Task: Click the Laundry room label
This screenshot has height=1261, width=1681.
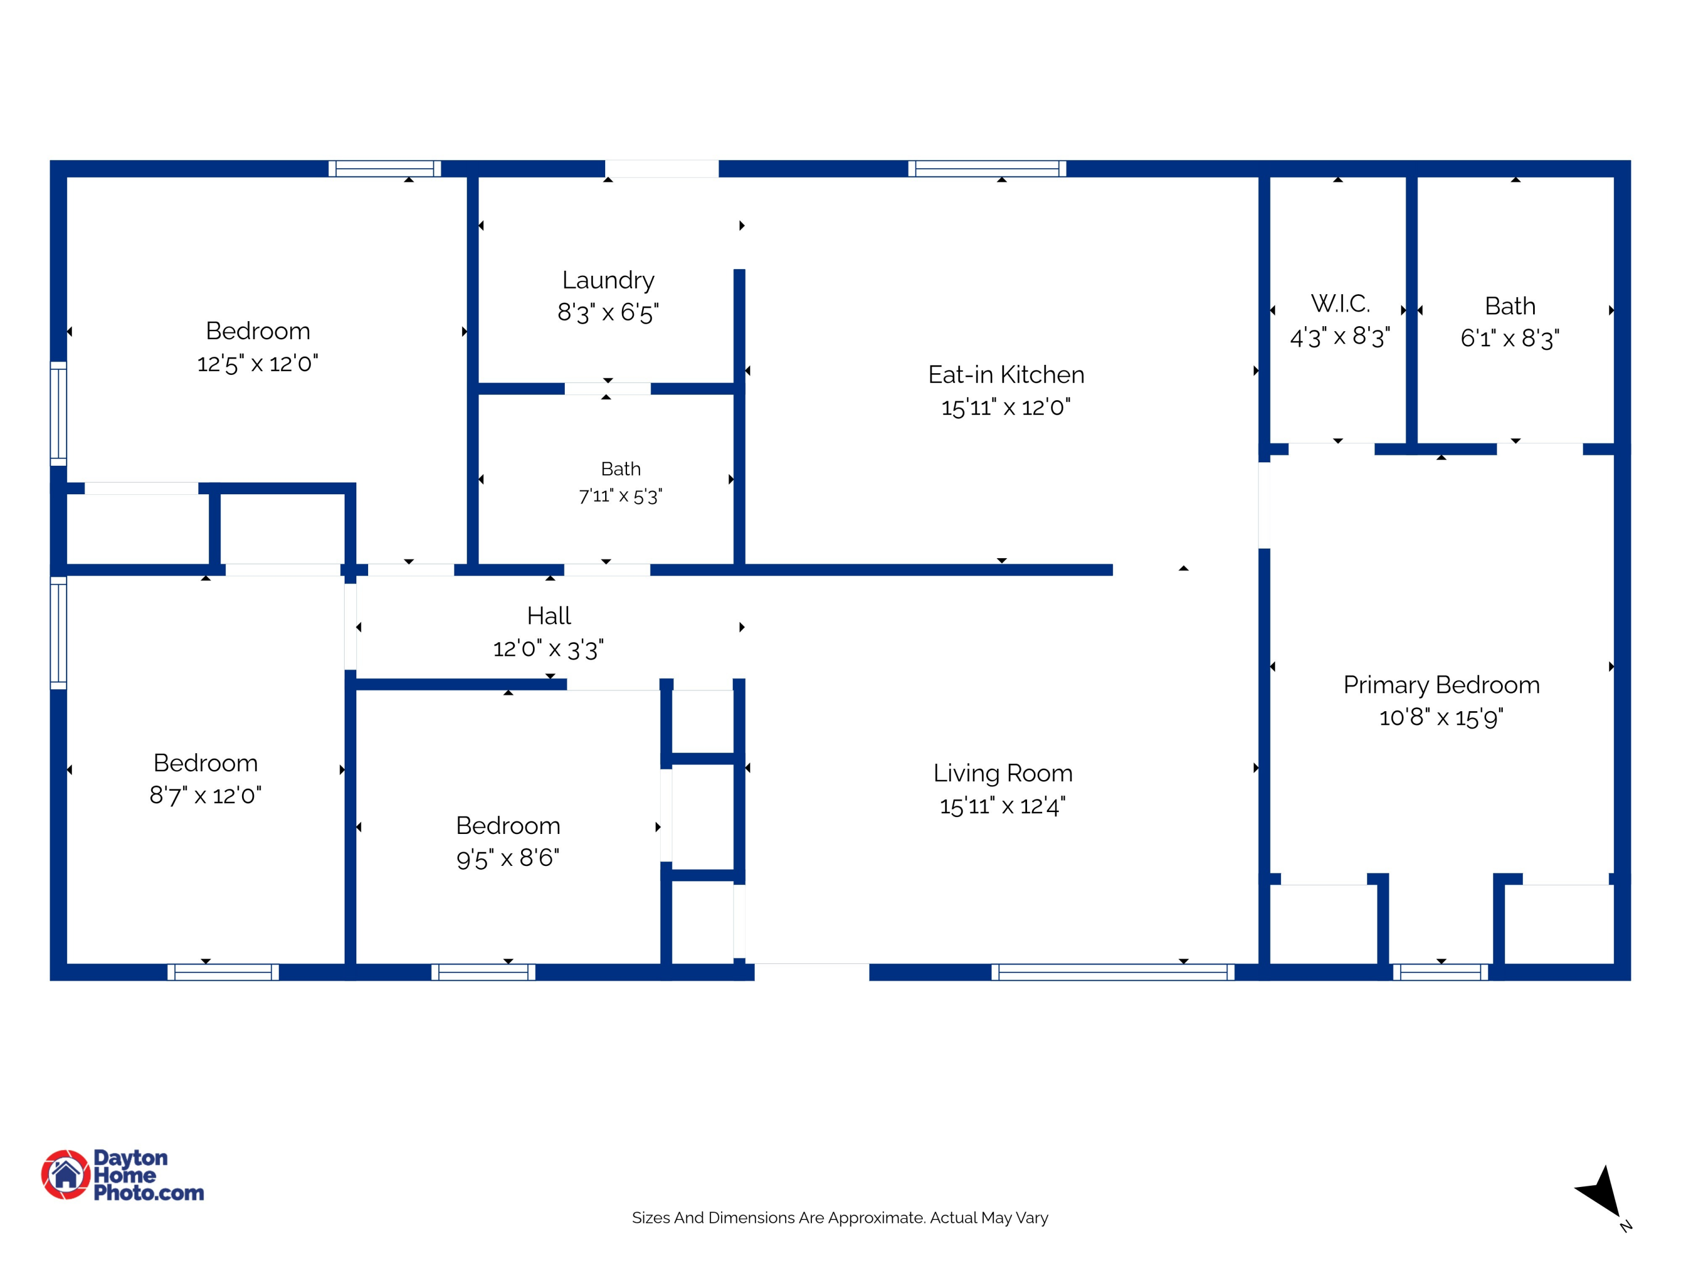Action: [x=608, y=280]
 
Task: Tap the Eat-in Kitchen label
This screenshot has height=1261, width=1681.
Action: [x=1006, y=375]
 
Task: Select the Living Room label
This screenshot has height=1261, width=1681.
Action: [x=1003, y=773]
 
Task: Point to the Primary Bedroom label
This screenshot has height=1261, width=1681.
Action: [x=1442, y=685]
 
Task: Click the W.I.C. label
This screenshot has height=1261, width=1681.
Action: [x=1340, y=304]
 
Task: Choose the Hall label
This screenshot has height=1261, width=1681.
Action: [x=549, y=616]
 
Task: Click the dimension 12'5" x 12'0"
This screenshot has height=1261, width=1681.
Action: [x=258, y=363]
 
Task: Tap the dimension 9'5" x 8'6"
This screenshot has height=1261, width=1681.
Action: [x=508, y=858]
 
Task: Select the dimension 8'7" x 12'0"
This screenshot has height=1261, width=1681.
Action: [x=205, y=796]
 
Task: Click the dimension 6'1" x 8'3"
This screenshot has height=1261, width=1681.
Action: [x=1510, y=339]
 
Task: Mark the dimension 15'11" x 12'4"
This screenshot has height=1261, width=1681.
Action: [x=1003, y=806]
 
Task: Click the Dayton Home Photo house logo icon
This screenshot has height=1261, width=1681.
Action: [x=66, y=1174]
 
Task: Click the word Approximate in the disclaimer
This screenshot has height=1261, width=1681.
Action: [x=877, y=1218]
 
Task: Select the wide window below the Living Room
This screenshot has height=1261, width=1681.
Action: [x=1113, y=972]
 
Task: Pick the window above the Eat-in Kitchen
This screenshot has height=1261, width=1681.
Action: [x=987, y=169]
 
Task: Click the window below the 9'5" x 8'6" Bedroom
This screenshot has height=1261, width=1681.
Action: [x=484, y=972]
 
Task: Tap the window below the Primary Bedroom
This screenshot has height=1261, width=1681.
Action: [x=1441, y=972]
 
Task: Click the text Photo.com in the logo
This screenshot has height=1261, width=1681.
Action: [x=149, y=1193]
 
